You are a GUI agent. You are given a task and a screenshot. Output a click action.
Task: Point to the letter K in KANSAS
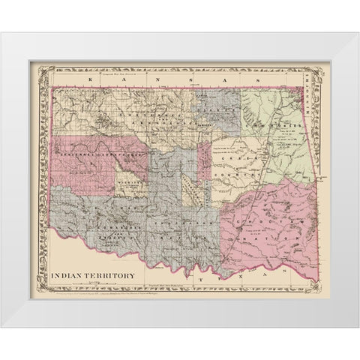coord(90,77)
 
